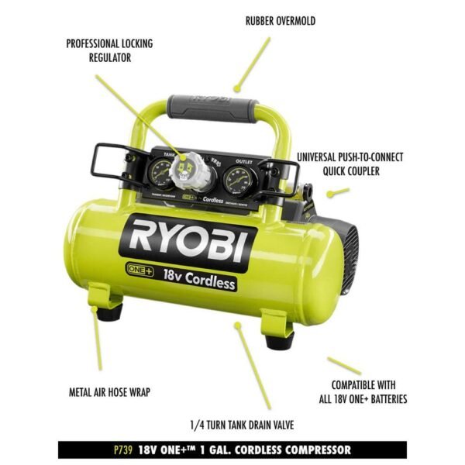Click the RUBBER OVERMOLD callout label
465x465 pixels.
click(280, 21)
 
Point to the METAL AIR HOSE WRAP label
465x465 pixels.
click(108, 392)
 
